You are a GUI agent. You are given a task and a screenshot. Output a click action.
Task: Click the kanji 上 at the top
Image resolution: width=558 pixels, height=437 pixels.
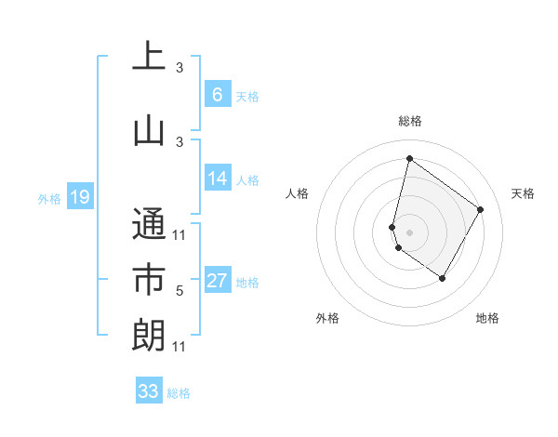point(149,57)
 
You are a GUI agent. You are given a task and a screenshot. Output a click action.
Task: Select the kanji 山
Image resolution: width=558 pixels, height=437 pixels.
point(149,130)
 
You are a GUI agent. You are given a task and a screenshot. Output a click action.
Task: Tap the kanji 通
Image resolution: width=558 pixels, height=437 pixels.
point(149,223)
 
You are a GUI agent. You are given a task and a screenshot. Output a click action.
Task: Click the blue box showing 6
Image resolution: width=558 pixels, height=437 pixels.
point(217,95)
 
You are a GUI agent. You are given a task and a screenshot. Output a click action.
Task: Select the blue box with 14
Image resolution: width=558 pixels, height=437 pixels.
point(217,179)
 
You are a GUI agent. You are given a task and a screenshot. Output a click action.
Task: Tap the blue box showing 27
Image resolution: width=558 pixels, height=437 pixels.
point(217,282)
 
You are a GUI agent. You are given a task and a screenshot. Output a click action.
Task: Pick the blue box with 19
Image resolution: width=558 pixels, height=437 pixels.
point(79,197)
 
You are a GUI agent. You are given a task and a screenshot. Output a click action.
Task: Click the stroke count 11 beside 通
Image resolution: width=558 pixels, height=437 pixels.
point(179,235)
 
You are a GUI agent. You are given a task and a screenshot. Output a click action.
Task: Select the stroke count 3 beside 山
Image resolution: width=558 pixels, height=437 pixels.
point(179,141)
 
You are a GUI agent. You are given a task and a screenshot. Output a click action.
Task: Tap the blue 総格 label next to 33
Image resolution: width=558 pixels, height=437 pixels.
point(179,393)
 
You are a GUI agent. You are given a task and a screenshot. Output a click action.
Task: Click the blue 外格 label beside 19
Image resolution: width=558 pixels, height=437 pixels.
point(49,198)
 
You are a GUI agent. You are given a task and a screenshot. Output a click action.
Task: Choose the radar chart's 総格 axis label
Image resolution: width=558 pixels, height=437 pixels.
point(410,121)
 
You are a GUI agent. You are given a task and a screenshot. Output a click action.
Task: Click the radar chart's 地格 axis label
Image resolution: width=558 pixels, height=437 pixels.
point(487,319)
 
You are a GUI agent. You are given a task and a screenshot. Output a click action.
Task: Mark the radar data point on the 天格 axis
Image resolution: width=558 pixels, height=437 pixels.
point(481,209)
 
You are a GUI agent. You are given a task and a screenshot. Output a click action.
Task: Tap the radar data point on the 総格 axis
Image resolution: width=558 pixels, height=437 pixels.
point(409,158)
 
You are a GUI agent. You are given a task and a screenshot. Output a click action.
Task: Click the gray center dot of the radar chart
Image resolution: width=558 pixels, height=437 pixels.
point(409,231)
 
